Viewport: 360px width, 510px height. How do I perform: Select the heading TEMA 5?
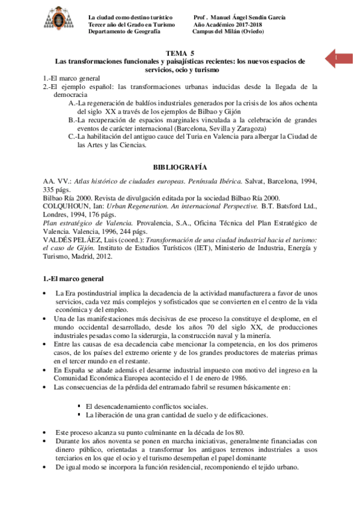tap(180, 53)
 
